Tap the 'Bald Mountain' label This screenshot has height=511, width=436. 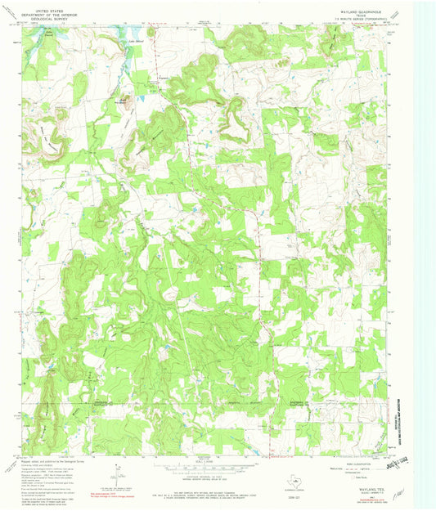coord(123,101)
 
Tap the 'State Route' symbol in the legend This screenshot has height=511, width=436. coord(345,473)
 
